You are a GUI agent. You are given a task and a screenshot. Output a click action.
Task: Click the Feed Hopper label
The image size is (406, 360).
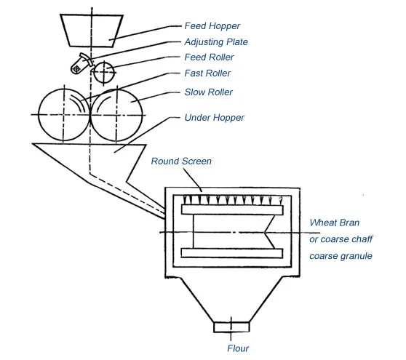(212, 26)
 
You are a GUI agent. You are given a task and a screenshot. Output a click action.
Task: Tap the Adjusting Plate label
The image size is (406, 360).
(216, 42)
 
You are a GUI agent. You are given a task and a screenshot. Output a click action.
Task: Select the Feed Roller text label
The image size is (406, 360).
(209, 57)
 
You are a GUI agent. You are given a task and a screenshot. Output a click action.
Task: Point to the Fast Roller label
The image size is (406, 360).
(207, 73)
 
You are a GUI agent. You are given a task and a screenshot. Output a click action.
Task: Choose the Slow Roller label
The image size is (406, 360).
(208, 92)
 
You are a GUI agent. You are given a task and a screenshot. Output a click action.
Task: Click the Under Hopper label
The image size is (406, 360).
(214, 118)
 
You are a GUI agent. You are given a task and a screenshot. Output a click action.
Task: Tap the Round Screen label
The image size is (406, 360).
(181, 161)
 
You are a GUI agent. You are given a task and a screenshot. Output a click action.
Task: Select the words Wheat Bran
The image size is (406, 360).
(334, 223)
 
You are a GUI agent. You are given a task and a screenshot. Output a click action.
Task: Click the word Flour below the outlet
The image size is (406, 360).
(238, 348)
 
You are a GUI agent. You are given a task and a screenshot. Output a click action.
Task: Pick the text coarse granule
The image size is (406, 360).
(341, 256)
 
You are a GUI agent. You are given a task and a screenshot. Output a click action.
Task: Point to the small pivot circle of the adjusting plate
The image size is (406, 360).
(76, 69)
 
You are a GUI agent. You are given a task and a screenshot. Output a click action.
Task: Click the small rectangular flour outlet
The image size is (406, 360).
(231, 327)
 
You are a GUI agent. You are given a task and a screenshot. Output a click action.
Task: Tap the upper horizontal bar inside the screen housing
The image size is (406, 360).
(232, 209)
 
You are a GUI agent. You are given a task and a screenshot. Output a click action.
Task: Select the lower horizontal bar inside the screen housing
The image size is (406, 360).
(232, 253)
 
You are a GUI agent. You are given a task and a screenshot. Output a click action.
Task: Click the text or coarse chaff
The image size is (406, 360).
(341, 239)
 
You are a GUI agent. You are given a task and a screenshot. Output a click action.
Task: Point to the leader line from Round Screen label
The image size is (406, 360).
(192, 180)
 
